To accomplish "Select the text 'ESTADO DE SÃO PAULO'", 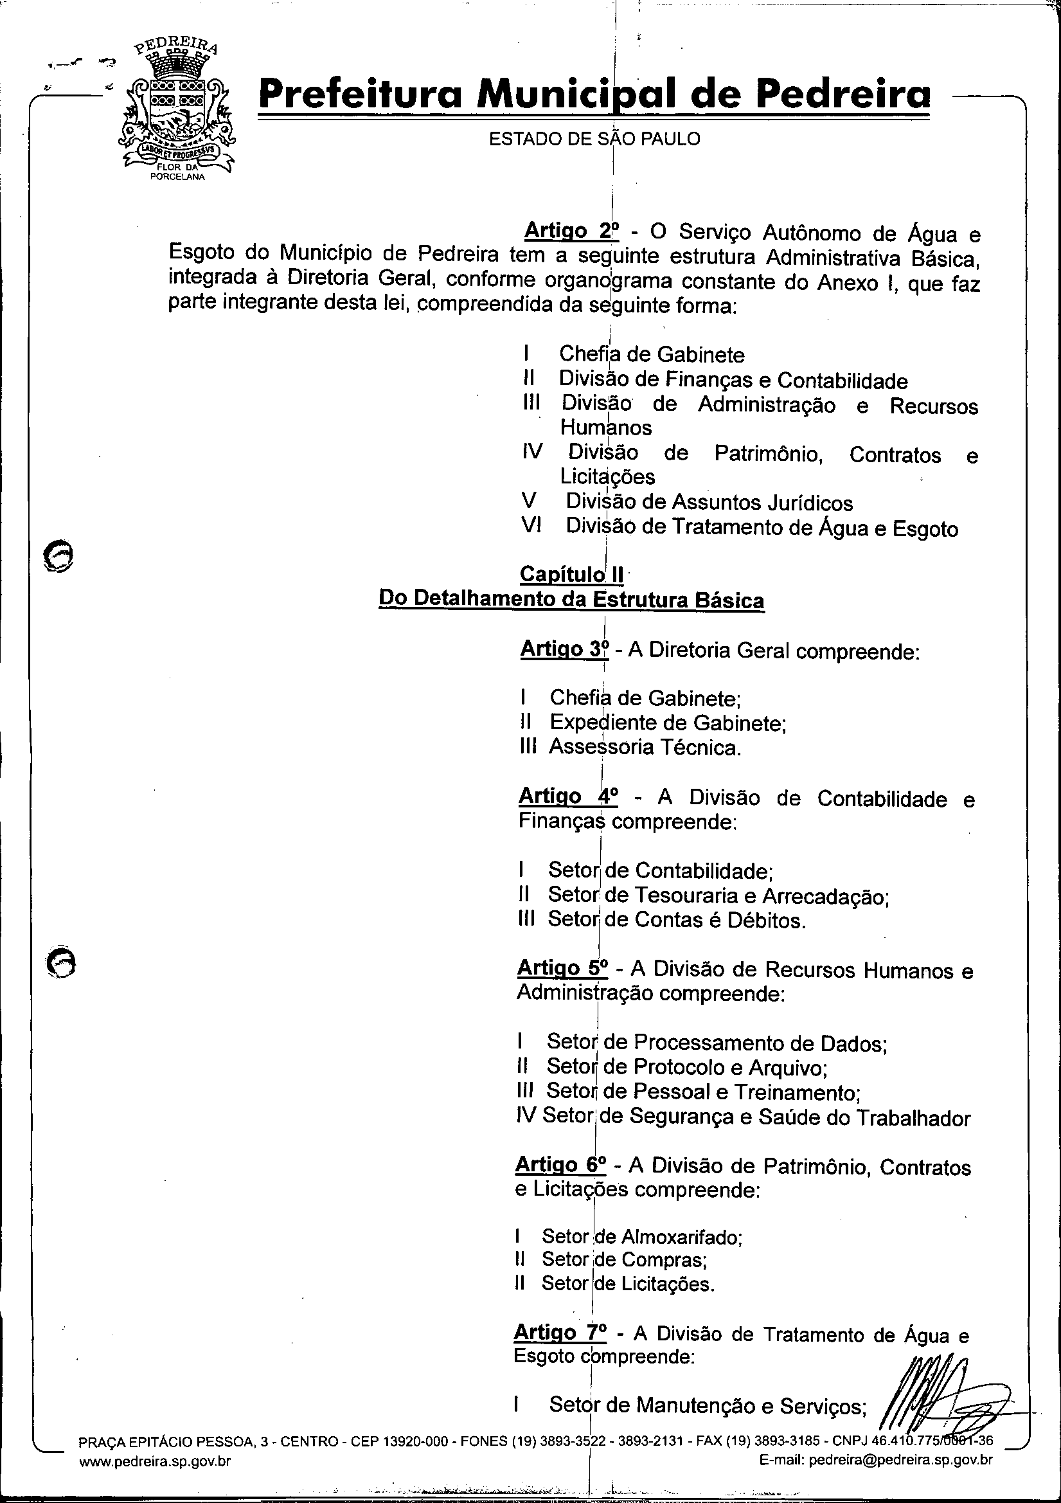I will pos(594,139).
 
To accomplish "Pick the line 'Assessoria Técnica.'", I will pos(645,747).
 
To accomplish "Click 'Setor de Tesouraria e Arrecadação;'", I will pos(709,895).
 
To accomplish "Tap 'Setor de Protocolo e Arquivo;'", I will pos(687,1067).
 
